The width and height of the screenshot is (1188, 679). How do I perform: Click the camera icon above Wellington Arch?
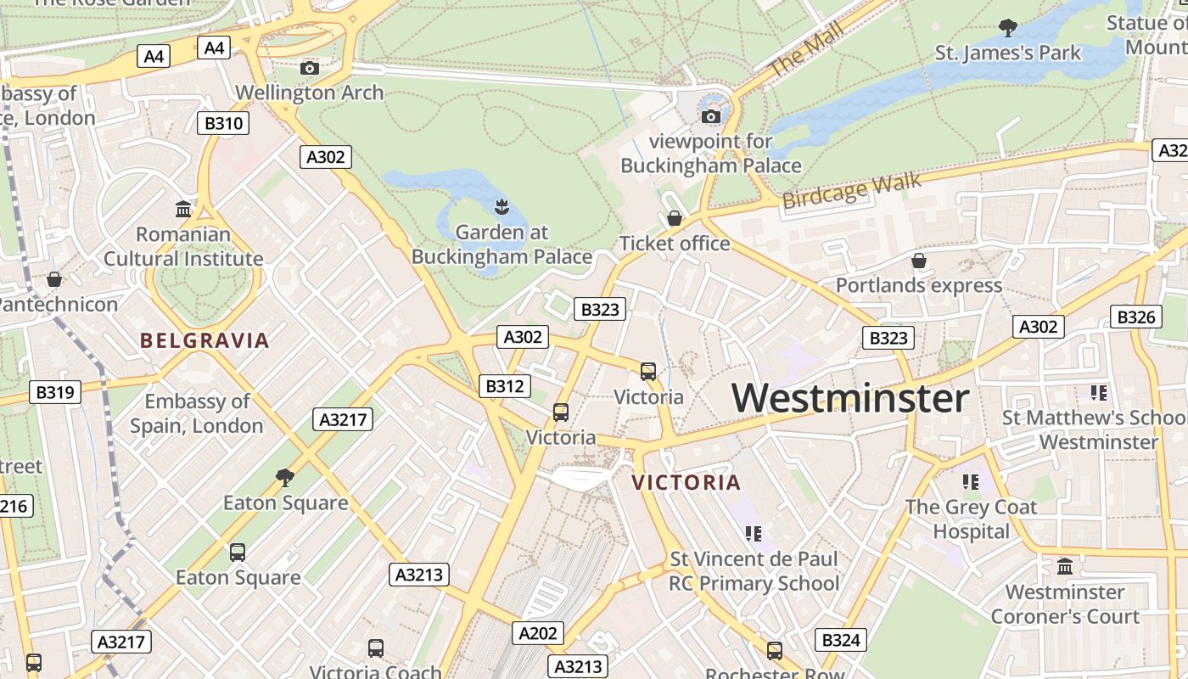coord(310,68)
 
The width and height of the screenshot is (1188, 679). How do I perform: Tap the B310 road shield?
coord(224,123)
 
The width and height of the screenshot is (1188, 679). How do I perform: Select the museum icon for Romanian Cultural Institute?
coord(182,209)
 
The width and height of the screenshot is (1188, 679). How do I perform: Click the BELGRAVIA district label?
coord(205,341)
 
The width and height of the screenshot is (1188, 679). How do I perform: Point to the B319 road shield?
coord(55,392)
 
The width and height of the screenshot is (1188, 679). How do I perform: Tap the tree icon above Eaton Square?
coord(285,478)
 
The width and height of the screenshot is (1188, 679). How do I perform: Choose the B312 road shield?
coord(504,386)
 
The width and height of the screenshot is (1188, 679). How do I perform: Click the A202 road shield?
coord(537,632)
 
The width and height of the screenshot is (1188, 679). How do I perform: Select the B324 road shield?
coord(841,640)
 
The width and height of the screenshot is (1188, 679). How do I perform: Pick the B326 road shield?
coord(1135,317)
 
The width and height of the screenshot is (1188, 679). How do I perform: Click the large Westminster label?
coord(850,398)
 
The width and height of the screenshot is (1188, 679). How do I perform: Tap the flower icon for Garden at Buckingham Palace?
coord(502,206)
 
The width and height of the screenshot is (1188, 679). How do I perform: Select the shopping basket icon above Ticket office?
coord(675,219)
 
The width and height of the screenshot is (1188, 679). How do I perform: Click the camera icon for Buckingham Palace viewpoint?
coord(711,116)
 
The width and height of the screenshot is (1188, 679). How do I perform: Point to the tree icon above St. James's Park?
coord(1008,28)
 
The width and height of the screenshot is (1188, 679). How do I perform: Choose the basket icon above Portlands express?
coord(918,261)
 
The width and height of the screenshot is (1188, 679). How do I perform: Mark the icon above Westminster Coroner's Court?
coord(1065,566)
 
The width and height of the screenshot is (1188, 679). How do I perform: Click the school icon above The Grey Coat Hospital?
coord(971,482)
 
